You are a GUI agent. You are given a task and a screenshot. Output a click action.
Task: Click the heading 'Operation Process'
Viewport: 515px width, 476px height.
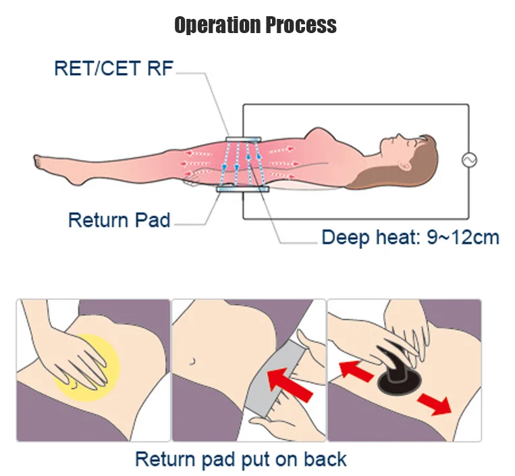(x=255, y=26)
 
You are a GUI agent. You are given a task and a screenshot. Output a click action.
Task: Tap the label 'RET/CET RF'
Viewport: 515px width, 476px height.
(x=113, y=68)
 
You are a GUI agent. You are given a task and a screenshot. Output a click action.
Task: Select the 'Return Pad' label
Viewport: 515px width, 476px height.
(x=119, y=220)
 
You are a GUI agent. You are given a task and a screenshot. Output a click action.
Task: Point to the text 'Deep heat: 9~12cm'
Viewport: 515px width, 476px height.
(x=410, y=238)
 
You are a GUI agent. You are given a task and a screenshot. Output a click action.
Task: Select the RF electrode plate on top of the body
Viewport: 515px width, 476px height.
(x=242, y=140)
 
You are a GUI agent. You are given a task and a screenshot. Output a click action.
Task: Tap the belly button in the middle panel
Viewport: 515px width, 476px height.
(x=193, y=362)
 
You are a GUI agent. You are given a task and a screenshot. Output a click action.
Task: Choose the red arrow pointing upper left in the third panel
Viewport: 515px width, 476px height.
(x=355, y=369)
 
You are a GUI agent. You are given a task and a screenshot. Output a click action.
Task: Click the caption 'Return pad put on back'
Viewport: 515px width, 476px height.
(x=240, y=459)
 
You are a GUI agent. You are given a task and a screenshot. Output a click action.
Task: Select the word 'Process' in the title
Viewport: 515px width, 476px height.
(x=299, y=26)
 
